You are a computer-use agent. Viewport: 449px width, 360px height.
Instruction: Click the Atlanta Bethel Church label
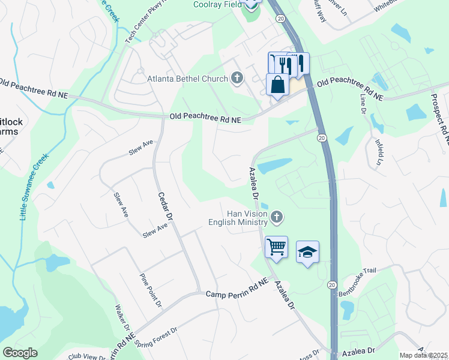187,79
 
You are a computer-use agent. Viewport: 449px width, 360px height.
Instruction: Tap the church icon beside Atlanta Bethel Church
237,78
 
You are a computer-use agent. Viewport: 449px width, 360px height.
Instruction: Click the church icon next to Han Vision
276,217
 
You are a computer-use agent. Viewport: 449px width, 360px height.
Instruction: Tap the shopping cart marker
276,247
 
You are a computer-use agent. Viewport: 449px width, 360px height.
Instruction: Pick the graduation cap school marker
307,252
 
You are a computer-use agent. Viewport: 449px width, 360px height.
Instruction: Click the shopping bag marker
278,85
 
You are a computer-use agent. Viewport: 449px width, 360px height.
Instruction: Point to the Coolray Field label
217,4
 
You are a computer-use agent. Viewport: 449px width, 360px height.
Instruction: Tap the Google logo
20,353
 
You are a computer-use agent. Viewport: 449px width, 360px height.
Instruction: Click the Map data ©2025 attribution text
424,355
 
